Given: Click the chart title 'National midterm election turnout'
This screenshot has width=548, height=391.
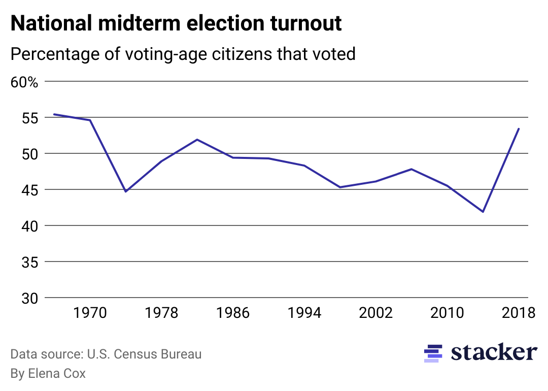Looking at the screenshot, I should pyautogui.click(x=176, y=24).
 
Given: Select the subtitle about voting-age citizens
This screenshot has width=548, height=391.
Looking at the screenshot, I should pyautogui.click(x=183, y=54).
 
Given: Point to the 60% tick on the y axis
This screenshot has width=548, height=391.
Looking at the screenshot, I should pyautogui.click(x=24, y=82).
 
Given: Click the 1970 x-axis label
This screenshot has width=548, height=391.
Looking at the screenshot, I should pyautogui.click(x=90, y=313).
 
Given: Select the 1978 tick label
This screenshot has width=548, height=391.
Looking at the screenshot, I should pyautogui.click(x=161, y=313).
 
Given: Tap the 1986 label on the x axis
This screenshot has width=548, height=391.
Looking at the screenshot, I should pyautogui.click(x=233, y=313).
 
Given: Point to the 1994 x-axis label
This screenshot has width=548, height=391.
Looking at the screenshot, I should pyautogui.click(x=304, y=313).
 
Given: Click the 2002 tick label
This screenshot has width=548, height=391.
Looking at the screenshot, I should pyautogui.click(x=376, y=313).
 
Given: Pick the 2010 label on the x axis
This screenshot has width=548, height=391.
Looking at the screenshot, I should pyautogui.click(x=447, y=313).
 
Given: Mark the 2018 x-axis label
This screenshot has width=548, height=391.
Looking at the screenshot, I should pyautogui.click(x=518, y=313).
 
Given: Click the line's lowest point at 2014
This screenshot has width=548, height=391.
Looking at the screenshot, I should pyautogui.click(x=483, y=212).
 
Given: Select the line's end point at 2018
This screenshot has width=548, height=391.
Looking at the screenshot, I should pyautogui.click(x=519, y=128).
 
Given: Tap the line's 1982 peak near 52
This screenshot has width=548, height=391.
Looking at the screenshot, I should pyautogui.click(x=197, y=139).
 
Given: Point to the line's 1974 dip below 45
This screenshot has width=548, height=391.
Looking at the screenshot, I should pyautogui.click(x=125, y=191).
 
